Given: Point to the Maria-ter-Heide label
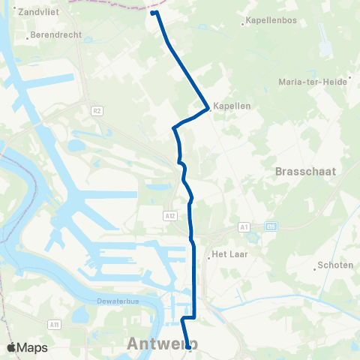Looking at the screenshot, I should (311, 81).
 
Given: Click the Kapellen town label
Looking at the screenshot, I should (232, 106).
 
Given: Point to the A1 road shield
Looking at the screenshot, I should (243, 226).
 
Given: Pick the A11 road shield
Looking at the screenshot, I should (54, 324).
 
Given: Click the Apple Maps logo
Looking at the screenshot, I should (27, 347).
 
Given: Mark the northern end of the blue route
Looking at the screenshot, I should (153, 13).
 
